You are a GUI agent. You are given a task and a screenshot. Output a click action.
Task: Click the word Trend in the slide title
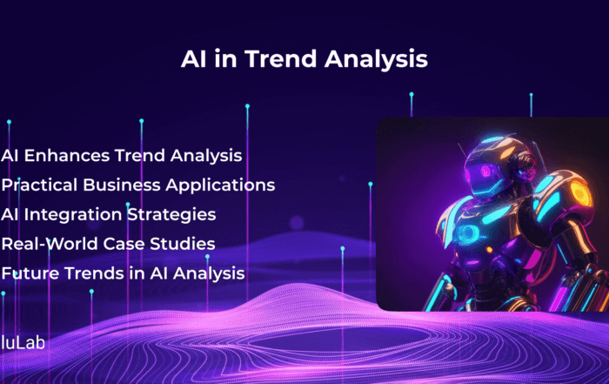[x=281, y=58]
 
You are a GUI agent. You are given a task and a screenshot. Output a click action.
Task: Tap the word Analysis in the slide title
[x=377, y=59]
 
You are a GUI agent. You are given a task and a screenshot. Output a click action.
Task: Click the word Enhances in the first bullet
[x=67, y=156]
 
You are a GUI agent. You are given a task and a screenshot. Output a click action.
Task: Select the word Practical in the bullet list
[x=39, y=185]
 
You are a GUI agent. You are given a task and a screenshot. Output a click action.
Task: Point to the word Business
[x=122, y=185]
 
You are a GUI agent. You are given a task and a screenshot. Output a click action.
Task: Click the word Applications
[x=221, y=185]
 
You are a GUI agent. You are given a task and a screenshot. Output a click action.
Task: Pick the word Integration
[x=73, y=215]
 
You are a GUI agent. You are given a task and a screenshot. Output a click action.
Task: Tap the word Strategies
[x=171, y=215]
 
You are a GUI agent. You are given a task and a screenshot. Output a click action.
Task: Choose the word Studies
[x=183, y=244]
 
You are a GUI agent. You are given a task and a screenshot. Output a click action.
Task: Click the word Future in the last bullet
[x=30, y=273]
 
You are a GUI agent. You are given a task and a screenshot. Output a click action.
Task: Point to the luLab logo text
[x=23, y=342]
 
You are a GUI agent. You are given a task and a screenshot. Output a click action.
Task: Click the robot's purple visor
[x=485, y=172]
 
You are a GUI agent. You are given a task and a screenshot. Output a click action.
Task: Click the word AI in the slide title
[x=193, y=59]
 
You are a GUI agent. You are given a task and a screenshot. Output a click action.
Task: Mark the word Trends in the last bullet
[x=94, y=273]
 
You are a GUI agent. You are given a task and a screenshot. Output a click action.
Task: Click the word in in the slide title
[x=225, y=59]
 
